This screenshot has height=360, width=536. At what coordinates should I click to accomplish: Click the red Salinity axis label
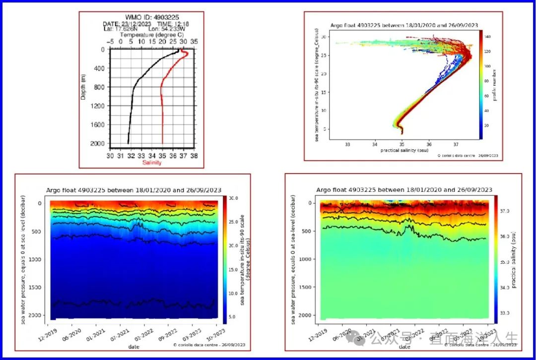pos(152,163)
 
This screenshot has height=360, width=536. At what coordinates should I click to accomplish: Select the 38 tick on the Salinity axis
pos(194,155)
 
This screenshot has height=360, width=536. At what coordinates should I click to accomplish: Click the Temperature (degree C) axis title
pos(151,35)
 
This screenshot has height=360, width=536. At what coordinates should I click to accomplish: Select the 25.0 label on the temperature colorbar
pos(232,222)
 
